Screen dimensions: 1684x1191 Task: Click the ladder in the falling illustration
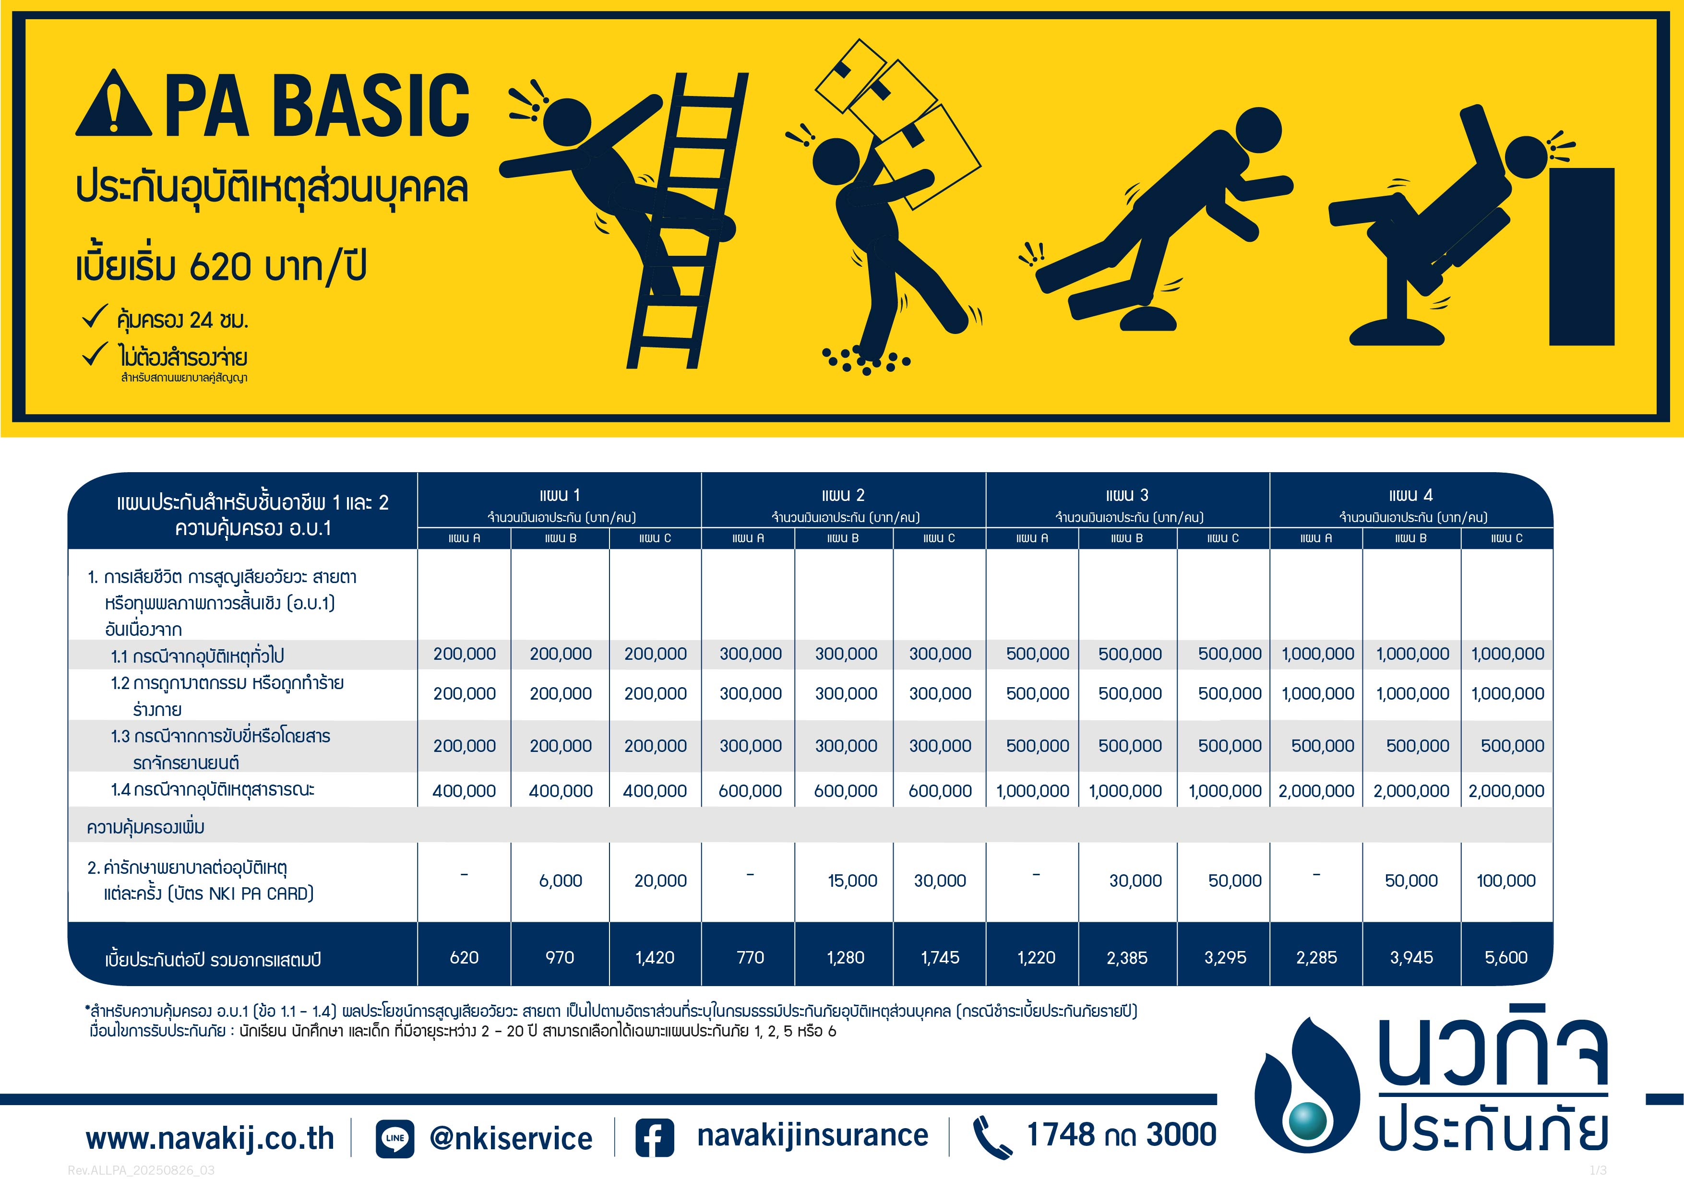coord(686,220)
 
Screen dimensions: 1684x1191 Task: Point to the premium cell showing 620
coord(464,958)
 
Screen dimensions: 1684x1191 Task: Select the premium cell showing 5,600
coord(1506,958)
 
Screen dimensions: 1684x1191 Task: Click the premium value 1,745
coord(940,958)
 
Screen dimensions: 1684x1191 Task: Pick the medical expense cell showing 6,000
coord(561,881)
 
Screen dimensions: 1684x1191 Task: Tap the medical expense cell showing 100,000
coord(1506,881)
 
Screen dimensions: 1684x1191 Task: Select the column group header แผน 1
coord(560,495)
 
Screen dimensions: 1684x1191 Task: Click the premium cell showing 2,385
coord(1127,958)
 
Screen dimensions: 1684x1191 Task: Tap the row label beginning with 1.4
coord(213,790)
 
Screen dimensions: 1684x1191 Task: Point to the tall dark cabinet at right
coord(1582,257)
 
